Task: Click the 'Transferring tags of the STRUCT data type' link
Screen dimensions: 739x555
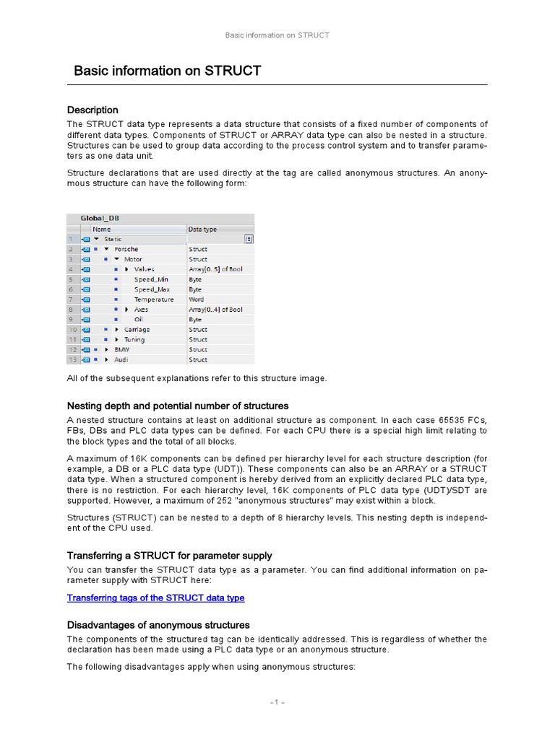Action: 155,598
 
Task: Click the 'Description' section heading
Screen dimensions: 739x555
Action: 92,110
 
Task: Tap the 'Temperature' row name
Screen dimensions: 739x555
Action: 153,299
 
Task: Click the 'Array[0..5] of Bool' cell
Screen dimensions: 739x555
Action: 215,269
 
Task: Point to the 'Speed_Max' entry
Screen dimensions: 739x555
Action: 152,289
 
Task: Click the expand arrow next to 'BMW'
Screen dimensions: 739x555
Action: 106,349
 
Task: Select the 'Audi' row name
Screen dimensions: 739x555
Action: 121,359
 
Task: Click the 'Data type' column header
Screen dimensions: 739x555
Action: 202,229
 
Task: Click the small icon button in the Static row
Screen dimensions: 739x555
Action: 249,239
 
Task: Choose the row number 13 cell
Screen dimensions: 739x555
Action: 72,359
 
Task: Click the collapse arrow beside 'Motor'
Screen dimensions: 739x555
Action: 116,259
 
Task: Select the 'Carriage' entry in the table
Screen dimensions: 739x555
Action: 137,330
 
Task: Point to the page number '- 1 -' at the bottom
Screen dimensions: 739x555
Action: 277,702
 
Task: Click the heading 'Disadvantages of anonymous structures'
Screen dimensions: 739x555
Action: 158,625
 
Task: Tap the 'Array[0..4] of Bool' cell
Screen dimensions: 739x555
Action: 215,310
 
